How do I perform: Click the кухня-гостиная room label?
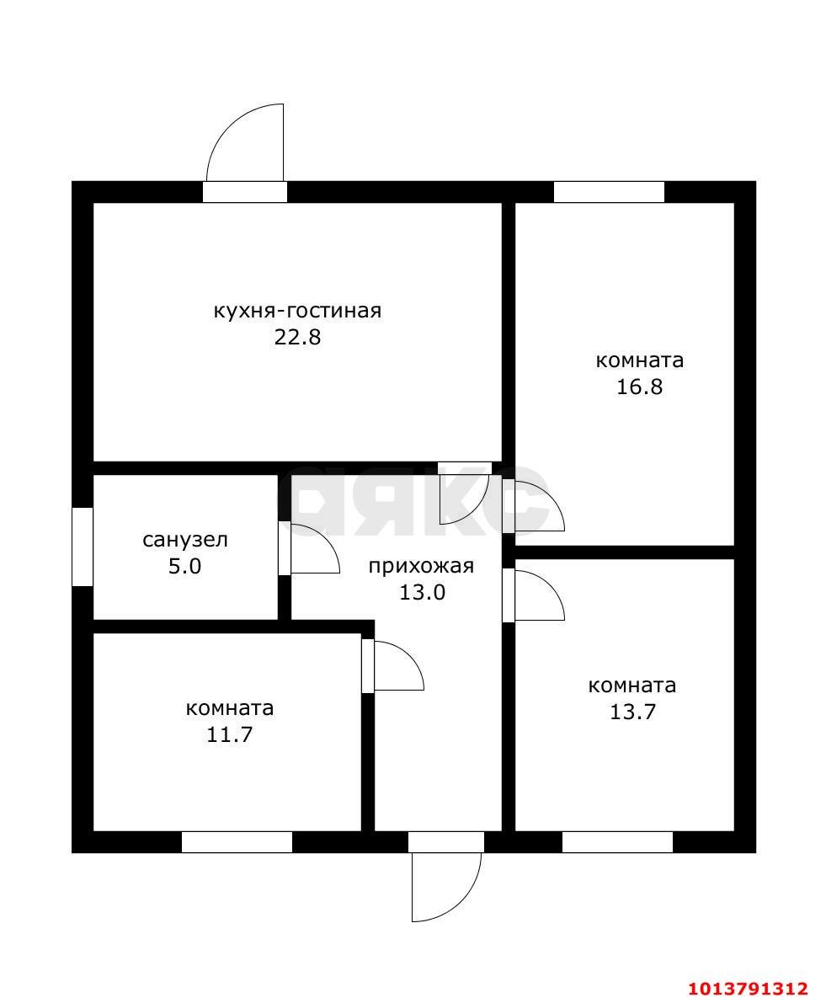click(x=297, y=311)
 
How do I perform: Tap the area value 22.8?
click(x=297, y=338)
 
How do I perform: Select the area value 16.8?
click(x=639, y=387)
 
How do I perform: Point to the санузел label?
click(x=184, y=540)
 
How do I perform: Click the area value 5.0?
click(x=184, y=566)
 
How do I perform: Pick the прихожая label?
click(x=421, y=566)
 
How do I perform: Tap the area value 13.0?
click(x=421, y=592)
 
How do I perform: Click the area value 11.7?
click(x=229, y=734)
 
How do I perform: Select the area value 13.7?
click(x=631, y=712)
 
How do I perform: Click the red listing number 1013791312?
click(x=749, y=988)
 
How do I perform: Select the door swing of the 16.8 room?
click(x=538, y=506)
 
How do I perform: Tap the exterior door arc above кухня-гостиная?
click(x=247, y=143)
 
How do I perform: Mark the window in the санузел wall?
click(x=83, y=547)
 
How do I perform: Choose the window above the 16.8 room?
click(x=609, y=192)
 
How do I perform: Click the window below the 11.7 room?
click(x=237, y=842)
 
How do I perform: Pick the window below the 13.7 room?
click(x=617, y=842)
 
